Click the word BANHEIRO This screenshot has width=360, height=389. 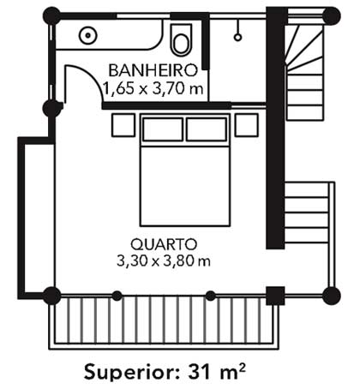(153, 70)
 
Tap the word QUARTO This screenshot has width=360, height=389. (164, 244)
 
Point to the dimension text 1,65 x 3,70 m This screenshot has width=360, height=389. (153, 88)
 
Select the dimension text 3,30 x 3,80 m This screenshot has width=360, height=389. (164, 261)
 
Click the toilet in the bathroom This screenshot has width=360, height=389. (182, 39)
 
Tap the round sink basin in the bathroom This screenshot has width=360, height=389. (88, 35)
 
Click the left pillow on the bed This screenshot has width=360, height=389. (163, 129)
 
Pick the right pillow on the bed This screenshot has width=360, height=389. (207, 129)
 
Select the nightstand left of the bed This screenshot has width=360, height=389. (123, 125)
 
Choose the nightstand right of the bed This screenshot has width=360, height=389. (247, 125)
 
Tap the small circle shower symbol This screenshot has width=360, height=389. (237, 38)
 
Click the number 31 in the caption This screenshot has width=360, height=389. (199, 371)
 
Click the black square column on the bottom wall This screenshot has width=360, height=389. (275, 296)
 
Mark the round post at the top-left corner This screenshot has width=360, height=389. (51, 16)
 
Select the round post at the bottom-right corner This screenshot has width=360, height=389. (332, 296)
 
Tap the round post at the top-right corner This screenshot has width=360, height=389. (332, 16)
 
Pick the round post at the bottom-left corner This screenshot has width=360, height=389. (51, 296)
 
